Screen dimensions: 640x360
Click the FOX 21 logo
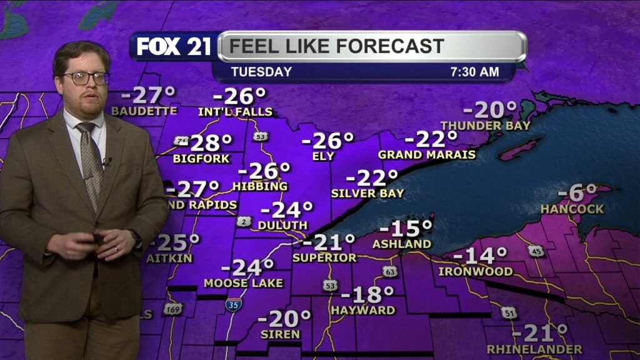tap(174, 46)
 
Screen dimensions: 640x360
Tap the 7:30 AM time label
tap(475, 72)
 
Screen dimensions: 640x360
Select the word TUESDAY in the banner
tap(261, 72)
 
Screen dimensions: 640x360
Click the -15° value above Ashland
tap(410, 228)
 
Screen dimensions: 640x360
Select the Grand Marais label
tap(427, 154)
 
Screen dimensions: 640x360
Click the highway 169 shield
tap(172, 308)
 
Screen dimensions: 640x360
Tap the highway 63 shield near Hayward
tap(390, 271)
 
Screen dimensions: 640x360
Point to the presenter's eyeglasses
tap(86, 78)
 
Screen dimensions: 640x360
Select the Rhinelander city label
tap(534, 349)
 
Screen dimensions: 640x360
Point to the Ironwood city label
tap(476, 272)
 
